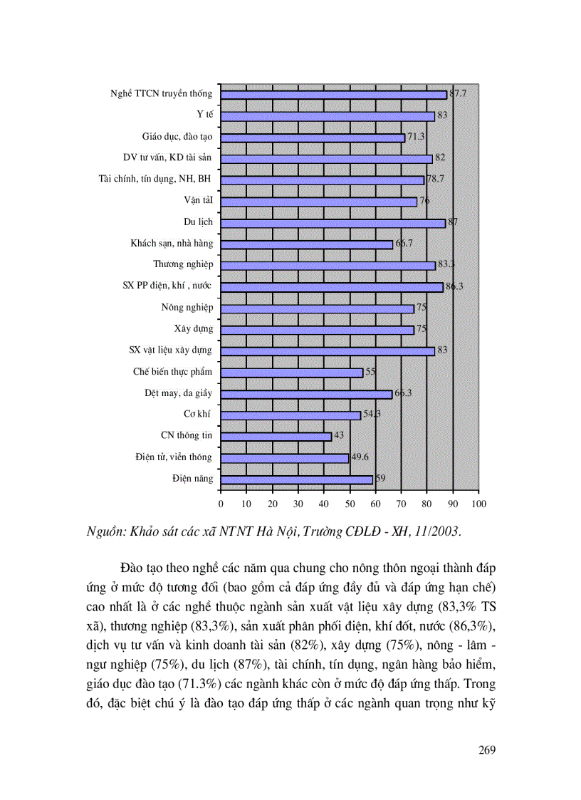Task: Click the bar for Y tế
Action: (x=328, y=116)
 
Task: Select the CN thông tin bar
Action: (x=276, y=436)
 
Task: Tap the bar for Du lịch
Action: (x=333, y=223)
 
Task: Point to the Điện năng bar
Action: (x=296, y=479)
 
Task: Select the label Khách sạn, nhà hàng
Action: (x=172, y=244)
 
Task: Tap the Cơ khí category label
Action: (x=199, y=414)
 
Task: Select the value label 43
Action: (x=339, y=435)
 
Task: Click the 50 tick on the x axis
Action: (x=350, y=504)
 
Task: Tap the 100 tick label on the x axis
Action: (x=478, y=504)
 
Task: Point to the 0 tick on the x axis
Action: (x=221, y=504)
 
